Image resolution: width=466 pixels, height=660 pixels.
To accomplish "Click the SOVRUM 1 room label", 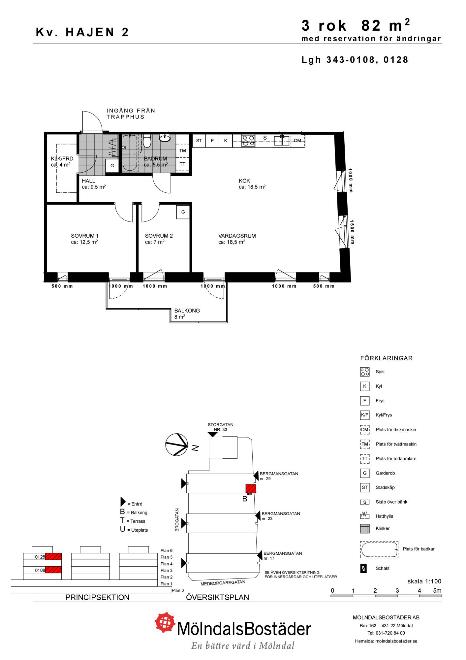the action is pos(85,236).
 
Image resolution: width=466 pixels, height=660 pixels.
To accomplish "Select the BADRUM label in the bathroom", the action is pos(155,159).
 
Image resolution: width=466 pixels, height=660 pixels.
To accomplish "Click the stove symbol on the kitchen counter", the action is pos(248,141).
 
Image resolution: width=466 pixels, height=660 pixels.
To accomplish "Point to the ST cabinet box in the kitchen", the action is pos(199,141).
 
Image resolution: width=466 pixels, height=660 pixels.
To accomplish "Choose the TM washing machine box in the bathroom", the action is pos(182,150).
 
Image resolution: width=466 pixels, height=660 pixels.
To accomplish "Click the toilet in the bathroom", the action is pos(147,141).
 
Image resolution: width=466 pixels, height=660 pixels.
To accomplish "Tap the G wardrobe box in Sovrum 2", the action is pos(183,212).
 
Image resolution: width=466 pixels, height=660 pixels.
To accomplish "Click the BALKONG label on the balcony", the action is pos(187,311).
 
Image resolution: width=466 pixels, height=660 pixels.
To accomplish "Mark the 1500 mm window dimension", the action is pos(352,232).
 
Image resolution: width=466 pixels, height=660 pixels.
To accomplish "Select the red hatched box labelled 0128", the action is pos(53,557).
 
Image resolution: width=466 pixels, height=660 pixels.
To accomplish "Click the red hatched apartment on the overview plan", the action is pos(251,489).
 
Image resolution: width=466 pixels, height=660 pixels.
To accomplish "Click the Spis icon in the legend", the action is pos(365,372).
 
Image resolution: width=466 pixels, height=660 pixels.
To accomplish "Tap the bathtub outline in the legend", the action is pos(379,550).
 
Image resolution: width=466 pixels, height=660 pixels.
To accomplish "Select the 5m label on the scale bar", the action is pos(437,591).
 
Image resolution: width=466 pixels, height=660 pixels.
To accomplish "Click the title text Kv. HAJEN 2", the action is pos(82,32).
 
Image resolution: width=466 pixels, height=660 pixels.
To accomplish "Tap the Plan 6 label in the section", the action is pos(167,550).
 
